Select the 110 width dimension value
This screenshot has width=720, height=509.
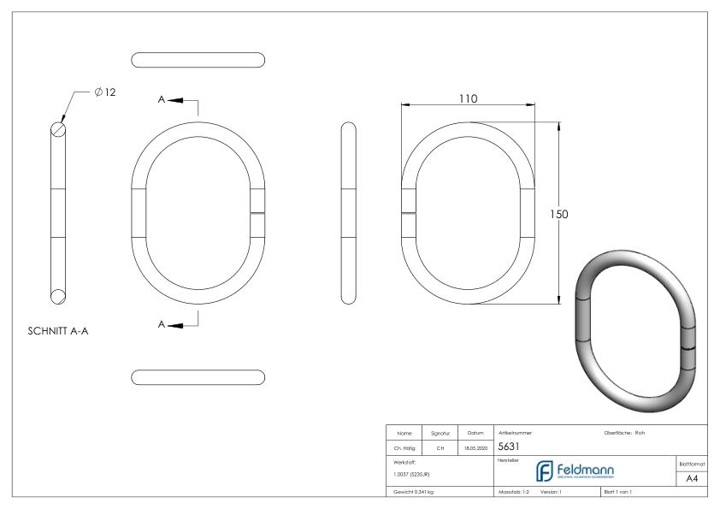467,98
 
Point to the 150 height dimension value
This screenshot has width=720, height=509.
558,214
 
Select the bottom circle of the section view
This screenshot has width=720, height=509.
58,296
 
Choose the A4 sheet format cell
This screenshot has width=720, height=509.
692,478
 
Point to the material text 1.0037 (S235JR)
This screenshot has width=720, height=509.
408,474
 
